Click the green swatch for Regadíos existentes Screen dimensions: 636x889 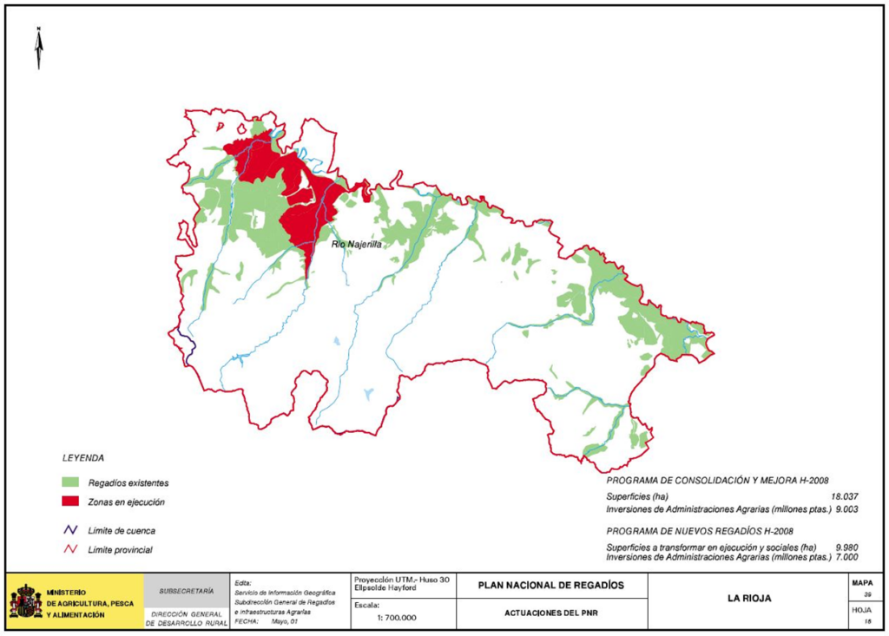[70, 482]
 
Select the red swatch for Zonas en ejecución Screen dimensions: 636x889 [70, 502]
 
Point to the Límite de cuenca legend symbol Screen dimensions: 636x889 [70, 529]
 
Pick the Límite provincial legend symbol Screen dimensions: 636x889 [70, 549]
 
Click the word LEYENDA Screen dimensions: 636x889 [83, 457]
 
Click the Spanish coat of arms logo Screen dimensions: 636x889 [25, 600]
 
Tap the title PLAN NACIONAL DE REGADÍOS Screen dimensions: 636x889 [551, 586]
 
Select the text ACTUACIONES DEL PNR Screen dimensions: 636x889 [550, 613]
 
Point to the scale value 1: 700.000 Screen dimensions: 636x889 [397, 618]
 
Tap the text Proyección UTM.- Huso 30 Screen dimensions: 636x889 [400, 579]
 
